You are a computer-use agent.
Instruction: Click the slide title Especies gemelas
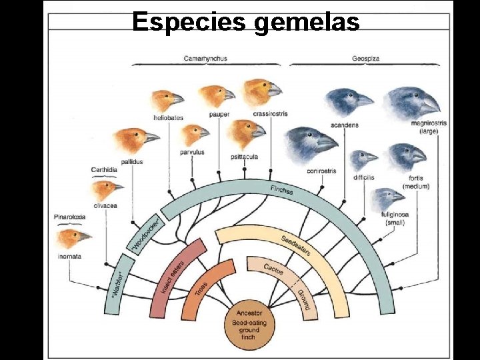(246, 21)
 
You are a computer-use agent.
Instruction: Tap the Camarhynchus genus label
(205, 59)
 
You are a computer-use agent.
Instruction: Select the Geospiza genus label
(366, 59)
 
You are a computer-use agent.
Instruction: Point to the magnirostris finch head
(413, 101)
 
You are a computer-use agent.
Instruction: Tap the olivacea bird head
(107, 191)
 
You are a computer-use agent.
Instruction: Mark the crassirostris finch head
(261, 92)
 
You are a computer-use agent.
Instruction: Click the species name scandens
(344, 125)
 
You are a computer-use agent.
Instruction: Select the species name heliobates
(168, 117)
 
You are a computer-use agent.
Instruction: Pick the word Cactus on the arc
(273, 269)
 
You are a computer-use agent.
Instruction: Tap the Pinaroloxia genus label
(69, 217)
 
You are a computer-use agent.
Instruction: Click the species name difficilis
(363, 178)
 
